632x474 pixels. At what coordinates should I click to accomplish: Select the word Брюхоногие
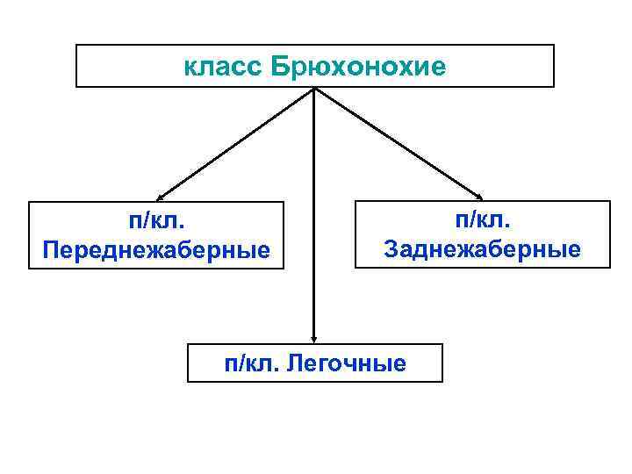tap(359, 67)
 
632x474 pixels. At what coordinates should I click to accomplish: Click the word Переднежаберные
tap(156, 251)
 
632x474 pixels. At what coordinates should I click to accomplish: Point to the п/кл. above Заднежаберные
tap(481, 220)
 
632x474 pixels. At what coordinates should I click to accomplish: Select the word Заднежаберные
tap(482, 249)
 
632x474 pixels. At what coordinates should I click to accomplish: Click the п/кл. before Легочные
tap(252, 363)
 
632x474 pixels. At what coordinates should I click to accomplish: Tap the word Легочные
tap(348, 363)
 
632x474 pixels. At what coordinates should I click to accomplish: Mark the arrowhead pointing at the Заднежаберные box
tap(478, 195)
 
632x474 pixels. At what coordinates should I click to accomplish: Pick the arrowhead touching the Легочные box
tap(314, 337)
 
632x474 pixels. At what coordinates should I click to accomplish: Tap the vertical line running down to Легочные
tap(314, 219)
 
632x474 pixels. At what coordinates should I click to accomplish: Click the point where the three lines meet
tap(314, 89)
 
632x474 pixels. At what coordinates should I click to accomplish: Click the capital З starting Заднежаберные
tap(391, 249)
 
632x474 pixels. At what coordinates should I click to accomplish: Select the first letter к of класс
tap(190, 68)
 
